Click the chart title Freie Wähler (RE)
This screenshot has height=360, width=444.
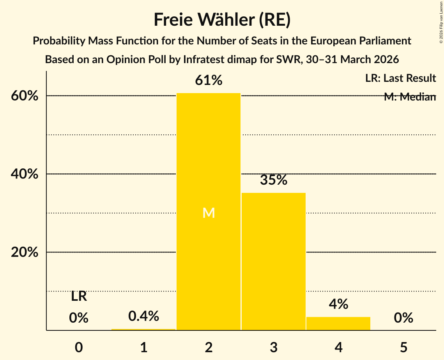(x=222, y=20)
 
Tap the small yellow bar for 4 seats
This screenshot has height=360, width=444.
(x=338, y=324)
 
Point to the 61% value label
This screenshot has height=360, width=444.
(x=209, y=81)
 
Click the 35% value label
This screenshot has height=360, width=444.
(x=273, y=180)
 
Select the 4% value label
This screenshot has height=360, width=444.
(x=338, y=304)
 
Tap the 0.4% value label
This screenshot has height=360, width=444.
(x=143, y=316)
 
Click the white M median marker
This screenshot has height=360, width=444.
(x=209, y=213)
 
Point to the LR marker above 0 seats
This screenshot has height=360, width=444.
(x=79, y=296)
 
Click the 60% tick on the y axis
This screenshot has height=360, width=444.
(x=24, y=96)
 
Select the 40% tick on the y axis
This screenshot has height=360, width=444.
(x=24, y=174)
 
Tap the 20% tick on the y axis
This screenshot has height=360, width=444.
(x=24, y=252)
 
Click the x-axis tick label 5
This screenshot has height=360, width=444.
(x=403, y=347)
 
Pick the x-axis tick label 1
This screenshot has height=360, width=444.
(x=143, y=347)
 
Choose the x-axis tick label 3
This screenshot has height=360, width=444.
(x=273, y=347)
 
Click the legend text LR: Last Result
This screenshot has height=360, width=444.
(x=400, y=78)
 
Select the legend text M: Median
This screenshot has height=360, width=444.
(x=410, y=97)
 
